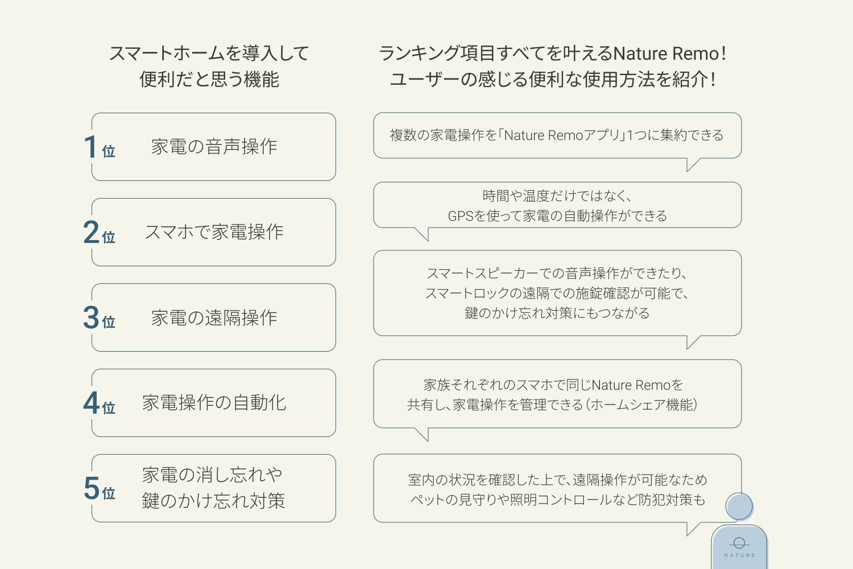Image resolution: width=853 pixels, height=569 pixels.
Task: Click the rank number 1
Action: pyautogui.click(x=90, y=147)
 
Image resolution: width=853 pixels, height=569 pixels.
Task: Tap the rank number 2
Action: pyautogui.click(x=91, y=232)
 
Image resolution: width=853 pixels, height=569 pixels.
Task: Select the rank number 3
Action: pyautogui.click(x=91, y=318)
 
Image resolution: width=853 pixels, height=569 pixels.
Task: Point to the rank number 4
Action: pyautogui.click(x=91, y=403)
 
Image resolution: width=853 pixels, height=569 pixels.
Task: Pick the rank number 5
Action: pyautogui.click(x=91, y=488)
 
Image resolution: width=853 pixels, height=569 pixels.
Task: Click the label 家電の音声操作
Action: pyautogui.click(x=214, y=147)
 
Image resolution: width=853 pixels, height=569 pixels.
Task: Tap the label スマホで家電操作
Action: pyautogui.click(x=214, y=232)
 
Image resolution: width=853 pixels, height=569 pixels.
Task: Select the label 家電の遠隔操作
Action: pyautogui.click(x=214, y=318)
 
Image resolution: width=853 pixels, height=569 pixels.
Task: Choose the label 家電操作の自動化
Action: pyautogui.click(x=214, y=403)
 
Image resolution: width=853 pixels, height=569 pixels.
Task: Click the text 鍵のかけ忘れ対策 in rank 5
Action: pyautogui.click(x=213, y=501)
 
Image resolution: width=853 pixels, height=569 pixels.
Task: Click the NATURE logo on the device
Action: pyautogui.click(x=739, y=547)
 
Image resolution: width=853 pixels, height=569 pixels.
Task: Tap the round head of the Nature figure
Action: pyautogui.click(x=739, y=506)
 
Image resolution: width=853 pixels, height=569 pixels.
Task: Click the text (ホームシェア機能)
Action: pyautogui.click(x=643, y=405)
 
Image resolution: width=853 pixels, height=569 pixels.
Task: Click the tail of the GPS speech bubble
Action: pyautogui.click(x=423, y=233)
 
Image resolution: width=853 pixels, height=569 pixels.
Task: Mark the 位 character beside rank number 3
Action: pyautogui.click(x=109, y=322)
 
